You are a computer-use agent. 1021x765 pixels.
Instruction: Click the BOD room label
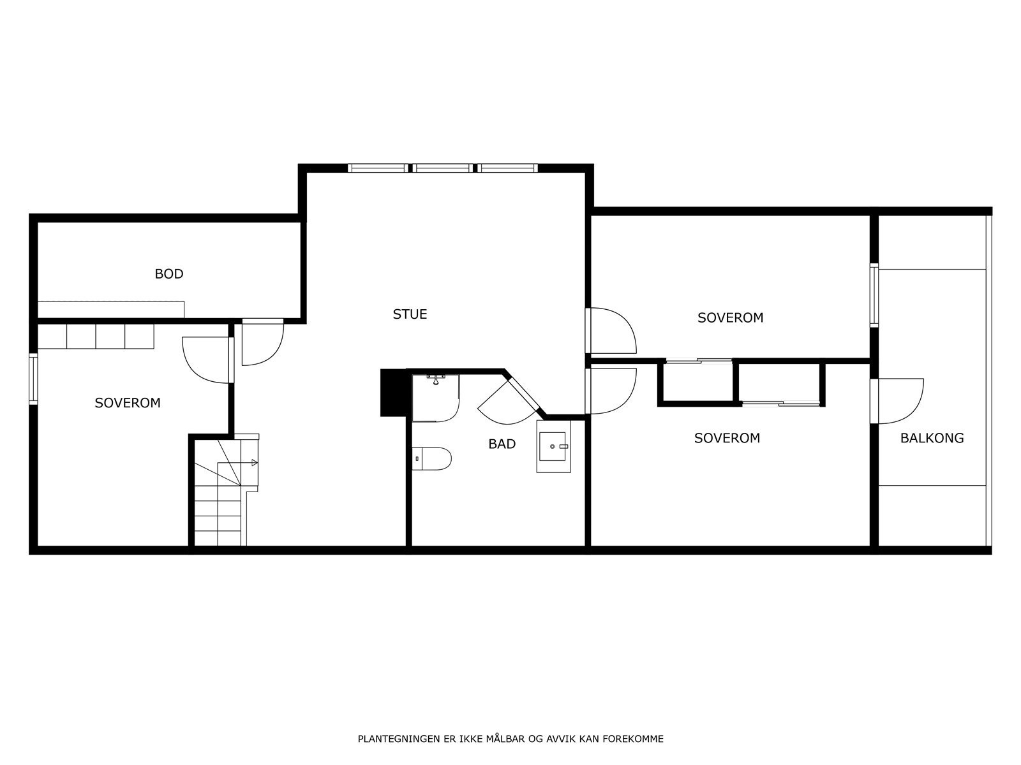(169, 274)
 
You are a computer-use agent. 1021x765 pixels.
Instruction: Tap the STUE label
(410, 314)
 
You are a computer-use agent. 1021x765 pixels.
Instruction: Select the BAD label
(502, 444)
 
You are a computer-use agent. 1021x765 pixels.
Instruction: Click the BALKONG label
(932, 438)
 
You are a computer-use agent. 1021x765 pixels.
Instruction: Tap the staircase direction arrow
(255, 462)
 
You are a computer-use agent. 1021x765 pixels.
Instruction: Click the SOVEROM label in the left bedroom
(128, 403)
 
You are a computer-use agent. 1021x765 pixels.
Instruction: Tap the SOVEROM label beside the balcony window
(730, 317)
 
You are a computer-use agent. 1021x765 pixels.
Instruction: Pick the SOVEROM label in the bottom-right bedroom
(727, 438)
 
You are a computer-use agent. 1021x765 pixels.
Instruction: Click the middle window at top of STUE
(443, 168)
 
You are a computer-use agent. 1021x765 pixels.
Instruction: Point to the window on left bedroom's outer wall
(33, 379)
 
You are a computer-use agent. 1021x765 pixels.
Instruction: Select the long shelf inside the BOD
(111, 309)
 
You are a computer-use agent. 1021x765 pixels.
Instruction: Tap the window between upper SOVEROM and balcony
(874, 295)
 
